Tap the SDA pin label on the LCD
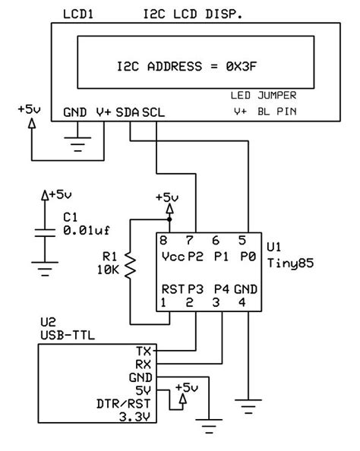[x=128, y=112]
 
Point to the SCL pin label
[x=153, y=112]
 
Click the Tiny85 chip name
[x=286, y=263]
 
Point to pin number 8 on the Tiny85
[x=162, y=240]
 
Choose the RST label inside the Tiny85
[x=171, y=289]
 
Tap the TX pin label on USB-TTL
[x=144, y=351]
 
